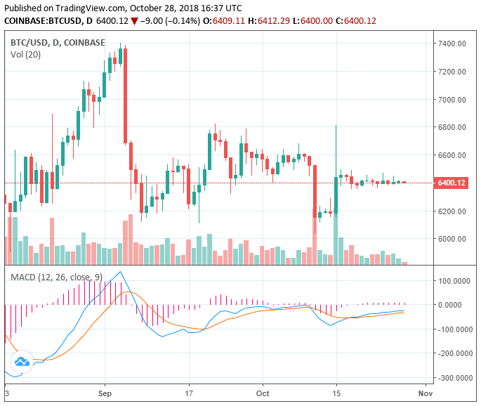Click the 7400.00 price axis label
453,44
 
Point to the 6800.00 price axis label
453,127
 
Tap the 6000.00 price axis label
453,239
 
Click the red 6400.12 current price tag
452,183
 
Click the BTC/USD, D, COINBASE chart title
58,42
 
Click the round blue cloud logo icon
22,362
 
